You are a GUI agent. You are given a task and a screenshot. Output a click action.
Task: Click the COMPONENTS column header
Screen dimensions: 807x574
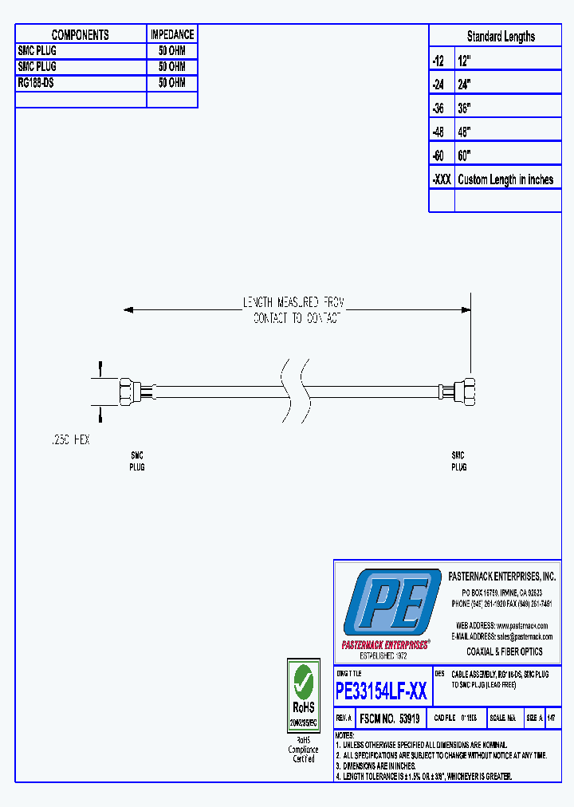coord(81,34)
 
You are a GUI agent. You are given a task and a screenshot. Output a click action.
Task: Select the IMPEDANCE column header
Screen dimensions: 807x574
coord(172,34)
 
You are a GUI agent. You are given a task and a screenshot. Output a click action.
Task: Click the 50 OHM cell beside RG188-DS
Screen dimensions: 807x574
coord(172,83)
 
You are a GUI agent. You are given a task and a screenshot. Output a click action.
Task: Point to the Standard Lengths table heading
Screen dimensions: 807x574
coord(501,37)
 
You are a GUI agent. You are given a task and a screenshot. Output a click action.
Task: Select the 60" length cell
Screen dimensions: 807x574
coord(466,155)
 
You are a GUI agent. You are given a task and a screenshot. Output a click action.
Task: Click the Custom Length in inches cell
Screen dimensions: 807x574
coord(505,179)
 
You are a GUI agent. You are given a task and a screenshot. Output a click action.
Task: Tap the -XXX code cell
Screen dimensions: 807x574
coord(441,179)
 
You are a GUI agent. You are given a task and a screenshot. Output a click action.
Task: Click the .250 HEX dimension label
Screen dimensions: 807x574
coord(69,440)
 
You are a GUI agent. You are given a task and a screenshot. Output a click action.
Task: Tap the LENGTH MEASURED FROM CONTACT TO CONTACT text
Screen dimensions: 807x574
coord(293,309)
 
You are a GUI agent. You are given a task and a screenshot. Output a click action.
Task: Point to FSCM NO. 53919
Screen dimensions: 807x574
coord(390,718)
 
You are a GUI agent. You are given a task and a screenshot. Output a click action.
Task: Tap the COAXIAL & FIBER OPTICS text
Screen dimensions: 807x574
coord(504,652)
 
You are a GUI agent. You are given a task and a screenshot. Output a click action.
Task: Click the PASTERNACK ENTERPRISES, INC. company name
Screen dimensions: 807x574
coord(502,577)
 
